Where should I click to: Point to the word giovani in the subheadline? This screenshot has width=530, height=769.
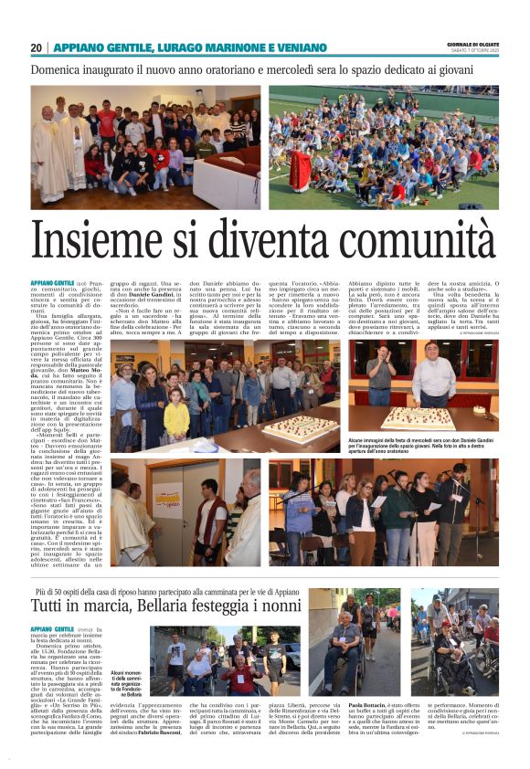tap(477, 69)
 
